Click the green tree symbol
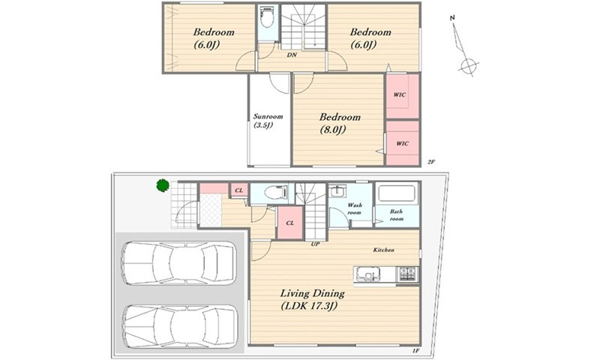163,185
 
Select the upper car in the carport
178,263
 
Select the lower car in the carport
179,326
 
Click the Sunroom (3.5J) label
268,121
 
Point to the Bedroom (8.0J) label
340,123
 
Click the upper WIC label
400,94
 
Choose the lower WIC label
402,143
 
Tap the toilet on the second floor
267,17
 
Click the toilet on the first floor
275,193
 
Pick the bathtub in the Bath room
397,193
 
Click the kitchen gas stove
408,274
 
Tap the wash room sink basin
337,191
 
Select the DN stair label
292,55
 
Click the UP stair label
315,244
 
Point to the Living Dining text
312,294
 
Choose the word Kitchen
384,250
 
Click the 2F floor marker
431,162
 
